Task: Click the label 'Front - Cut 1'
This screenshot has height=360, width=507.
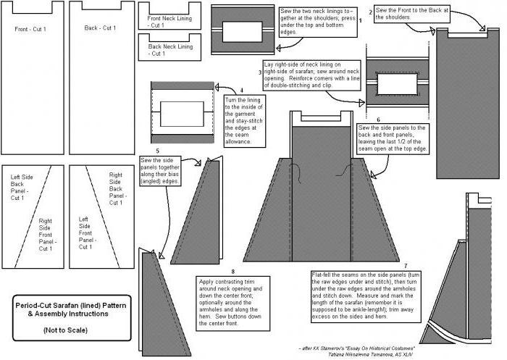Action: click(x=30, y=29)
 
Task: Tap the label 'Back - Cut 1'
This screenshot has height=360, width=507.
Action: click(x=100, y=28)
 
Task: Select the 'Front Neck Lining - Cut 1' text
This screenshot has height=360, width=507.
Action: click(x=169, y=22)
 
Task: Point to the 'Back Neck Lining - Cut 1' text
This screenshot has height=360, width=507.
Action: click(x=169, y=50)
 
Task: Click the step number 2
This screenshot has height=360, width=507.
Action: click(x=371, y=12)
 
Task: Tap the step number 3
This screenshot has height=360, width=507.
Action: click(x=260, y=72)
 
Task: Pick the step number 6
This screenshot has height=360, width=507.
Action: click(x=377, y=119)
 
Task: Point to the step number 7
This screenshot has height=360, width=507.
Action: click(x=406, y=266)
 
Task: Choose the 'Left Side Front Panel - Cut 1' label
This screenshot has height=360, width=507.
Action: click(x=86, y=233)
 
